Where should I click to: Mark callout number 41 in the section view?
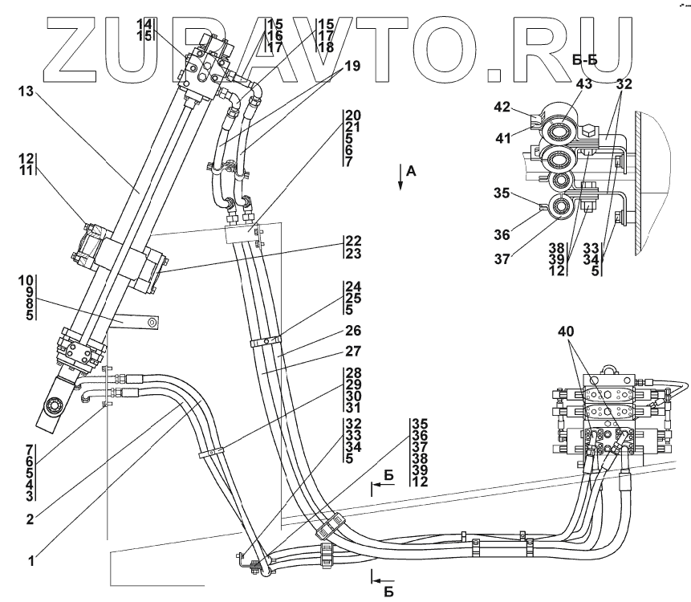(x=503, y=139)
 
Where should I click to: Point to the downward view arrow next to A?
(x=398, y=177)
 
